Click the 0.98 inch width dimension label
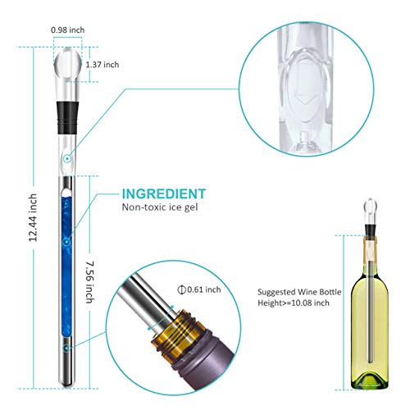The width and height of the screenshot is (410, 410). [66, 30]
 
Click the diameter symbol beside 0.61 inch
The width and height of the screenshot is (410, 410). [181, 289]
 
